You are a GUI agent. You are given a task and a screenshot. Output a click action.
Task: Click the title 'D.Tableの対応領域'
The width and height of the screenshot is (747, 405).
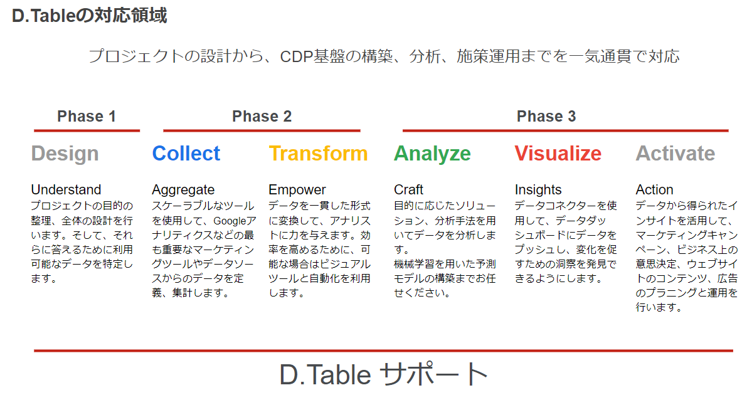pos(90,16)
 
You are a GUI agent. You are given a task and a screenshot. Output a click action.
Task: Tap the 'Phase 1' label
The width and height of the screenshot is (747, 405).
pos(87,116)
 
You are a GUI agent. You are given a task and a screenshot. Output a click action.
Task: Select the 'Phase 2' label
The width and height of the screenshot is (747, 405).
pos(262,116)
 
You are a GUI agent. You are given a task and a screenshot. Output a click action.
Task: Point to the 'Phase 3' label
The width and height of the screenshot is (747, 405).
pos(546,116)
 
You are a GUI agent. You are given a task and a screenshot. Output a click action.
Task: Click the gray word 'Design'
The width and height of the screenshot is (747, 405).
pos(65,154)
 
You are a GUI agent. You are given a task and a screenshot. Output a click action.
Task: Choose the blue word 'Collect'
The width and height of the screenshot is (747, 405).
pos(186,154)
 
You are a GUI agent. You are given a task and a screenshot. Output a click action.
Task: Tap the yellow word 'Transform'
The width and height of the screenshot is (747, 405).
pos(318,154)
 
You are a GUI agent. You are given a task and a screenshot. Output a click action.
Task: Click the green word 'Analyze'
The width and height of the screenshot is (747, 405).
pos(432,154)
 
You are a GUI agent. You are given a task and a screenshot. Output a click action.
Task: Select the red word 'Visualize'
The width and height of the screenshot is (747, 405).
pos(558,154)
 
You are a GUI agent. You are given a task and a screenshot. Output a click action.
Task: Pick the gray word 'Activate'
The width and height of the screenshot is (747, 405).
pos(675,154)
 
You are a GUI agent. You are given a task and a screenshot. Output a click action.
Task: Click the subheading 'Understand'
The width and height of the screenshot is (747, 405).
pos(66,189)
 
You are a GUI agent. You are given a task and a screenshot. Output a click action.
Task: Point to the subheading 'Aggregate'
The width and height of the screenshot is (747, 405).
pos(183,190)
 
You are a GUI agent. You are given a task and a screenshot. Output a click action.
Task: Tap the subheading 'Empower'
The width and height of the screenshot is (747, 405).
pos(297,190)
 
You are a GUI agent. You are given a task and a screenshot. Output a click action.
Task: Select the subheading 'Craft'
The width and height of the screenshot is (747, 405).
pos(409,189)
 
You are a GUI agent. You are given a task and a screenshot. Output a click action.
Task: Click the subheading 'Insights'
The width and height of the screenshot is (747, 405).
pos(538,190)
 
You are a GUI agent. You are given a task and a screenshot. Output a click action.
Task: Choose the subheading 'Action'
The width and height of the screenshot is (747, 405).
pos(655,189)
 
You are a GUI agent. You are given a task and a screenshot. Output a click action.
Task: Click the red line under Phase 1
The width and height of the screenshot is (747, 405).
pos(87,130)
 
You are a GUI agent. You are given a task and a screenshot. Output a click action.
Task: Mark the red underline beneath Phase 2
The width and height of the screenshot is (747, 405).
pos(262,130)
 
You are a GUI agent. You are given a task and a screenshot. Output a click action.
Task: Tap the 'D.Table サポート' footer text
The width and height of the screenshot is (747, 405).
pos(383,374)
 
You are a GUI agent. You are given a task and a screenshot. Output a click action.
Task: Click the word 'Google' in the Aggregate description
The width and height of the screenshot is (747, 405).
pos(230,221)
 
